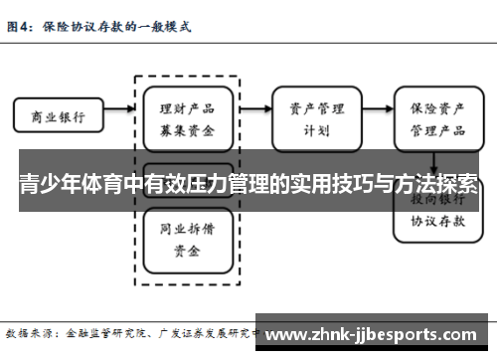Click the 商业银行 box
[53, 116]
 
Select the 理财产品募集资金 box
[187, 115]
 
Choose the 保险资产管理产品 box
[433, 115]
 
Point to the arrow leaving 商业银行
[110, 116]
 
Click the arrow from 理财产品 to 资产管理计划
[254, 116]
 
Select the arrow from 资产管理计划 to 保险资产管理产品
[377, 116]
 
